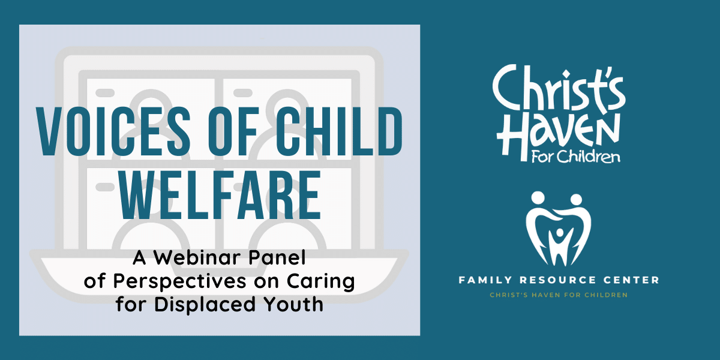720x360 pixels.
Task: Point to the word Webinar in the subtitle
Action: tap(197, 257)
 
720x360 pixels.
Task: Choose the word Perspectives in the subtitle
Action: tap(180, 282)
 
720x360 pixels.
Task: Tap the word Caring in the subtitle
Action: tap(321, 282)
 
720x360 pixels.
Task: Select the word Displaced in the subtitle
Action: tap(205, 304)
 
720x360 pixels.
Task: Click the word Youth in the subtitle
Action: tap(293, 304)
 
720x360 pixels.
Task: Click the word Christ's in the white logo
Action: tap(559, 88)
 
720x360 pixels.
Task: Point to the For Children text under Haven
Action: tap(575, 157)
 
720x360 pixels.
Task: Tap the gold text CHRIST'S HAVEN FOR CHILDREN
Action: tap(559, 295)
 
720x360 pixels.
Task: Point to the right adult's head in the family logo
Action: tap(576, 200)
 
